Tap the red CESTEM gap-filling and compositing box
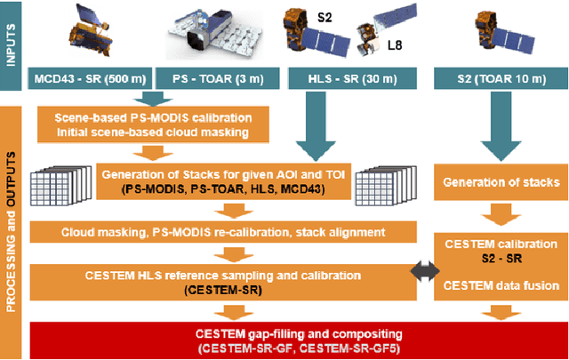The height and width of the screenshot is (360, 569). click(x=294, y=339)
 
